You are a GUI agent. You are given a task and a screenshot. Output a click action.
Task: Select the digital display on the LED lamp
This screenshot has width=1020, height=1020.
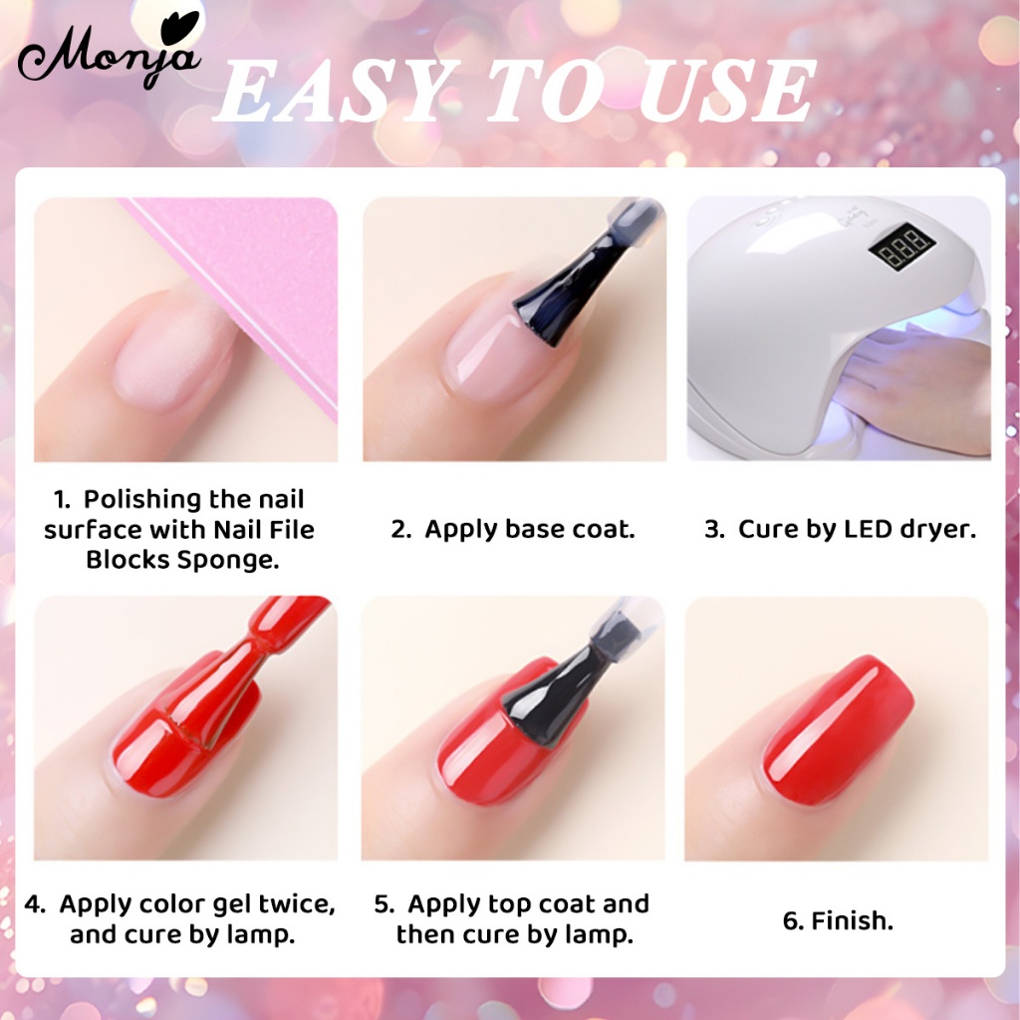coord(901,247)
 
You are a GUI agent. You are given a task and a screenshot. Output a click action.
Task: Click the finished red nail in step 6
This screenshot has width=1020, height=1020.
coord(839,728)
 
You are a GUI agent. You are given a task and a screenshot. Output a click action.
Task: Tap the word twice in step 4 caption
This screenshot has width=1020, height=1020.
coord(297,904)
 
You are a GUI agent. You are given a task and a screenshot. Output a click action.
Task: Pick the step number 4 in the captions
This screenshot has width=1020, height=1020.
coord(35,904)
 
